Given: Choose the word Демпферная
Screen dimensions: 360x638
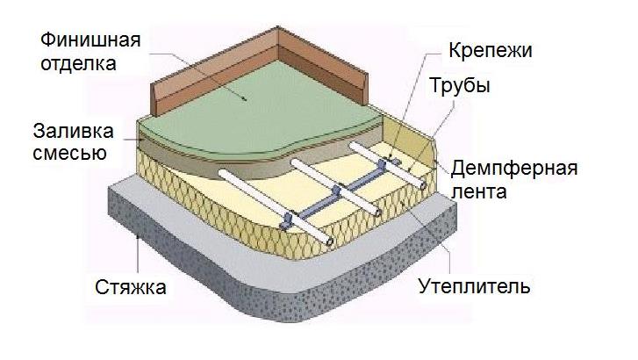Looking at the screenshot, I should point(514,167).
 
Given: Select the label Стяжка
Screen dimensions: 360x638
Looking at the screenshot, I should point(131,287).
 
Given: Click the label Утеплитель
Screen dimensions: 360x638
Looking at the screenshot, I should point(474,287).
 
